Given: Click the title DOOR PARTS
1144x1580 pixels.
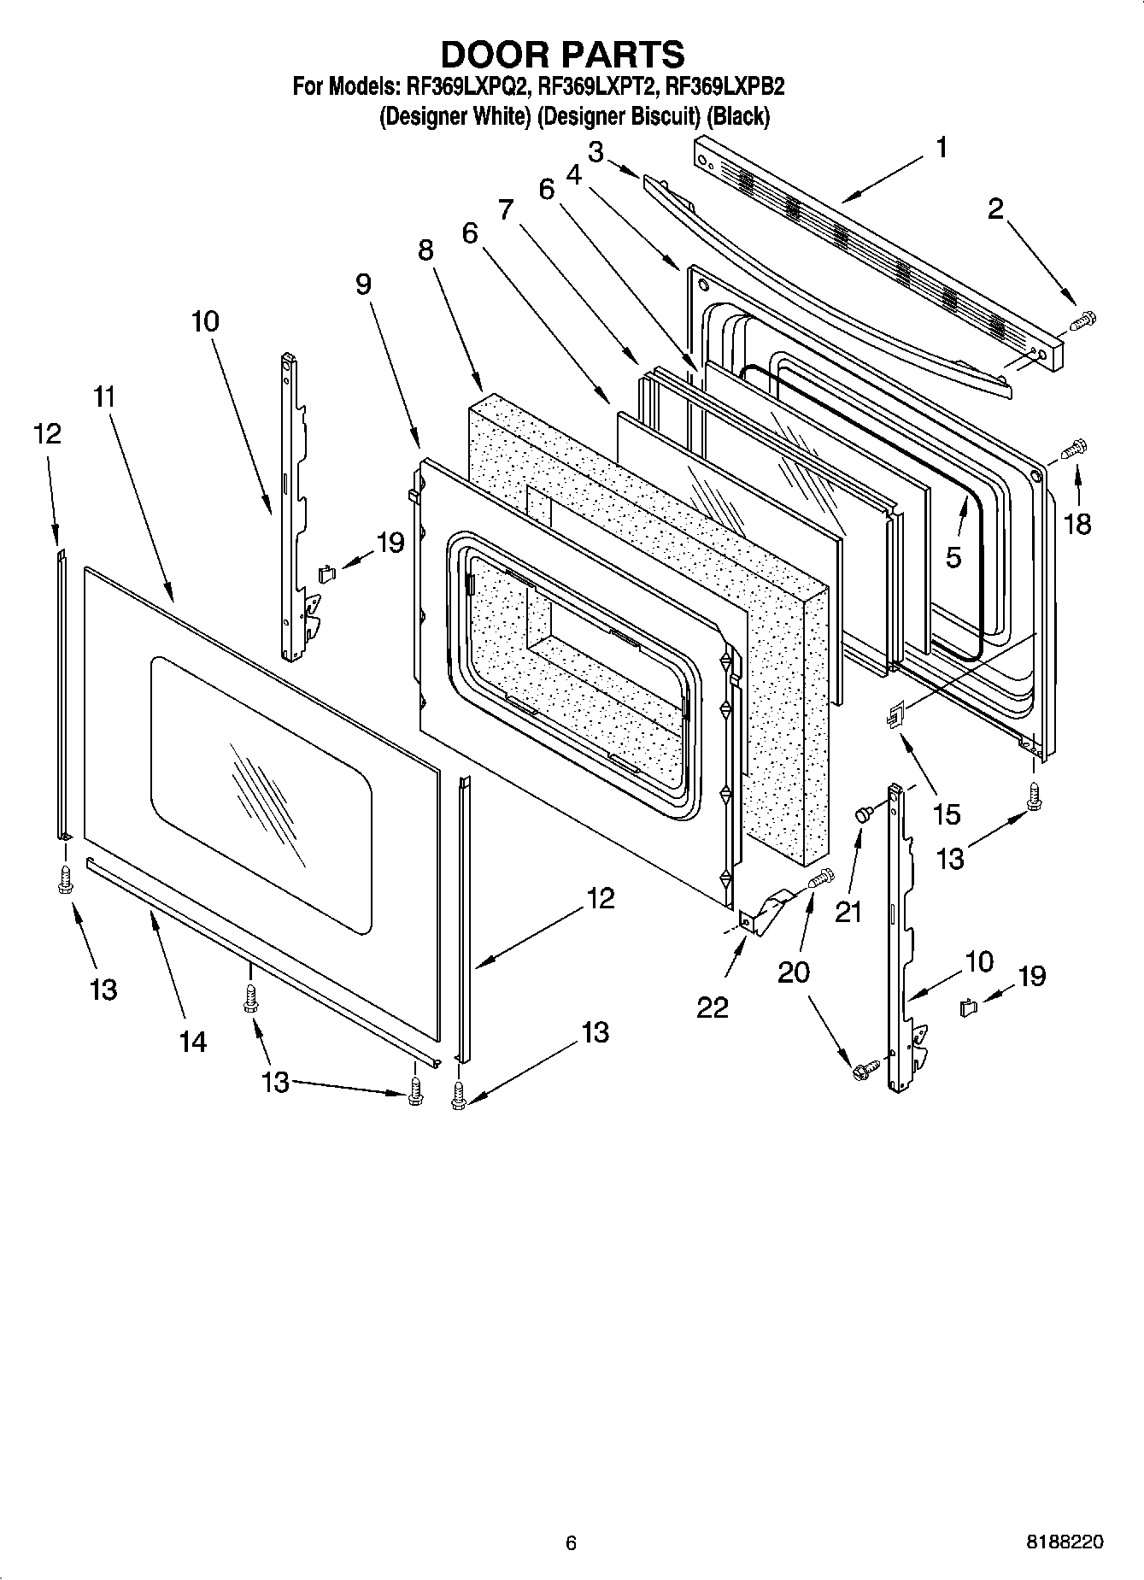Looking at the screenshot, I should pyautogui.click(x=561, y=54).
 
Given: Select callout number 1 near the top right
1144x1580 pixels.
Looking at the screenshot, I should pyautogui.click(x=941, y=148).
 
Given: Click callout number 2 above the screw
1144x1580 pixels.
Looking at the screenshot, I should pyautogui.click(x=995, y=209).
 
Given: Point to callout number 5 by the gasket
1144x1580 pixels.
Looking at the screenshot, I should pyautogui.click(x=953, y=557).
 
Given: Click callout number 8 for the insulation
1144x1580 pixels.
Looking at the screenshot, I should pyautogui.click(x=425, y=250).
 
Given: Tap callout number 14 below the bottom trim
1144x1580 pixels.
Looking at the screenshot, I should pyautogui.click(x=192, y=1041).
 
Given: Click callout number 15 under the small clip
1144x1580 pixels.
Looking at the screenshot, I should pyautogui.click(x=947, y=813).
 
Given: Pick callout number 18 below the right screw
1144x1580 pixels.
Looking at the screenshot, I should pyautogui.click(x=1077, y=523).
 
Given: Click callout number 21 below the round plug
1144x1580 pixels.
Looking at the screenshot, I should pyautogui.click(x=848, y=912).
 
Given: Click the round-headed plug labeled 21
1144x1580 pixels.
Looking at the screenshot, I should pyautogui.click(x=863, y=815).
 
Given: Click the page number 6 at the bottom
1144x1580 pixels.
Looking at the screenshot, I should pyautogui.click(x=571, y=1542).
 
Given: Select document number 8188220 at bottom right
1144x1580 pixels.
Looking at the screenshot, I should pyautogui.click(x=1064, y=1542).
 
